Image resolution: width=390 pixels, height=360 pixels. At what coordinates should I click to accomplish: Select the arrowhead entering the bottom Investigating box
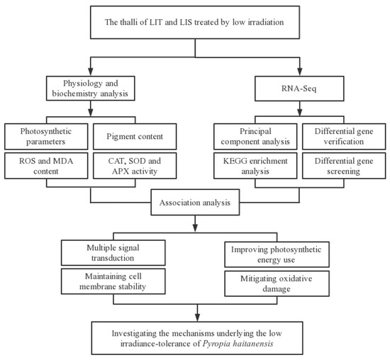pyautogui.click(x=194, y=317)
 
